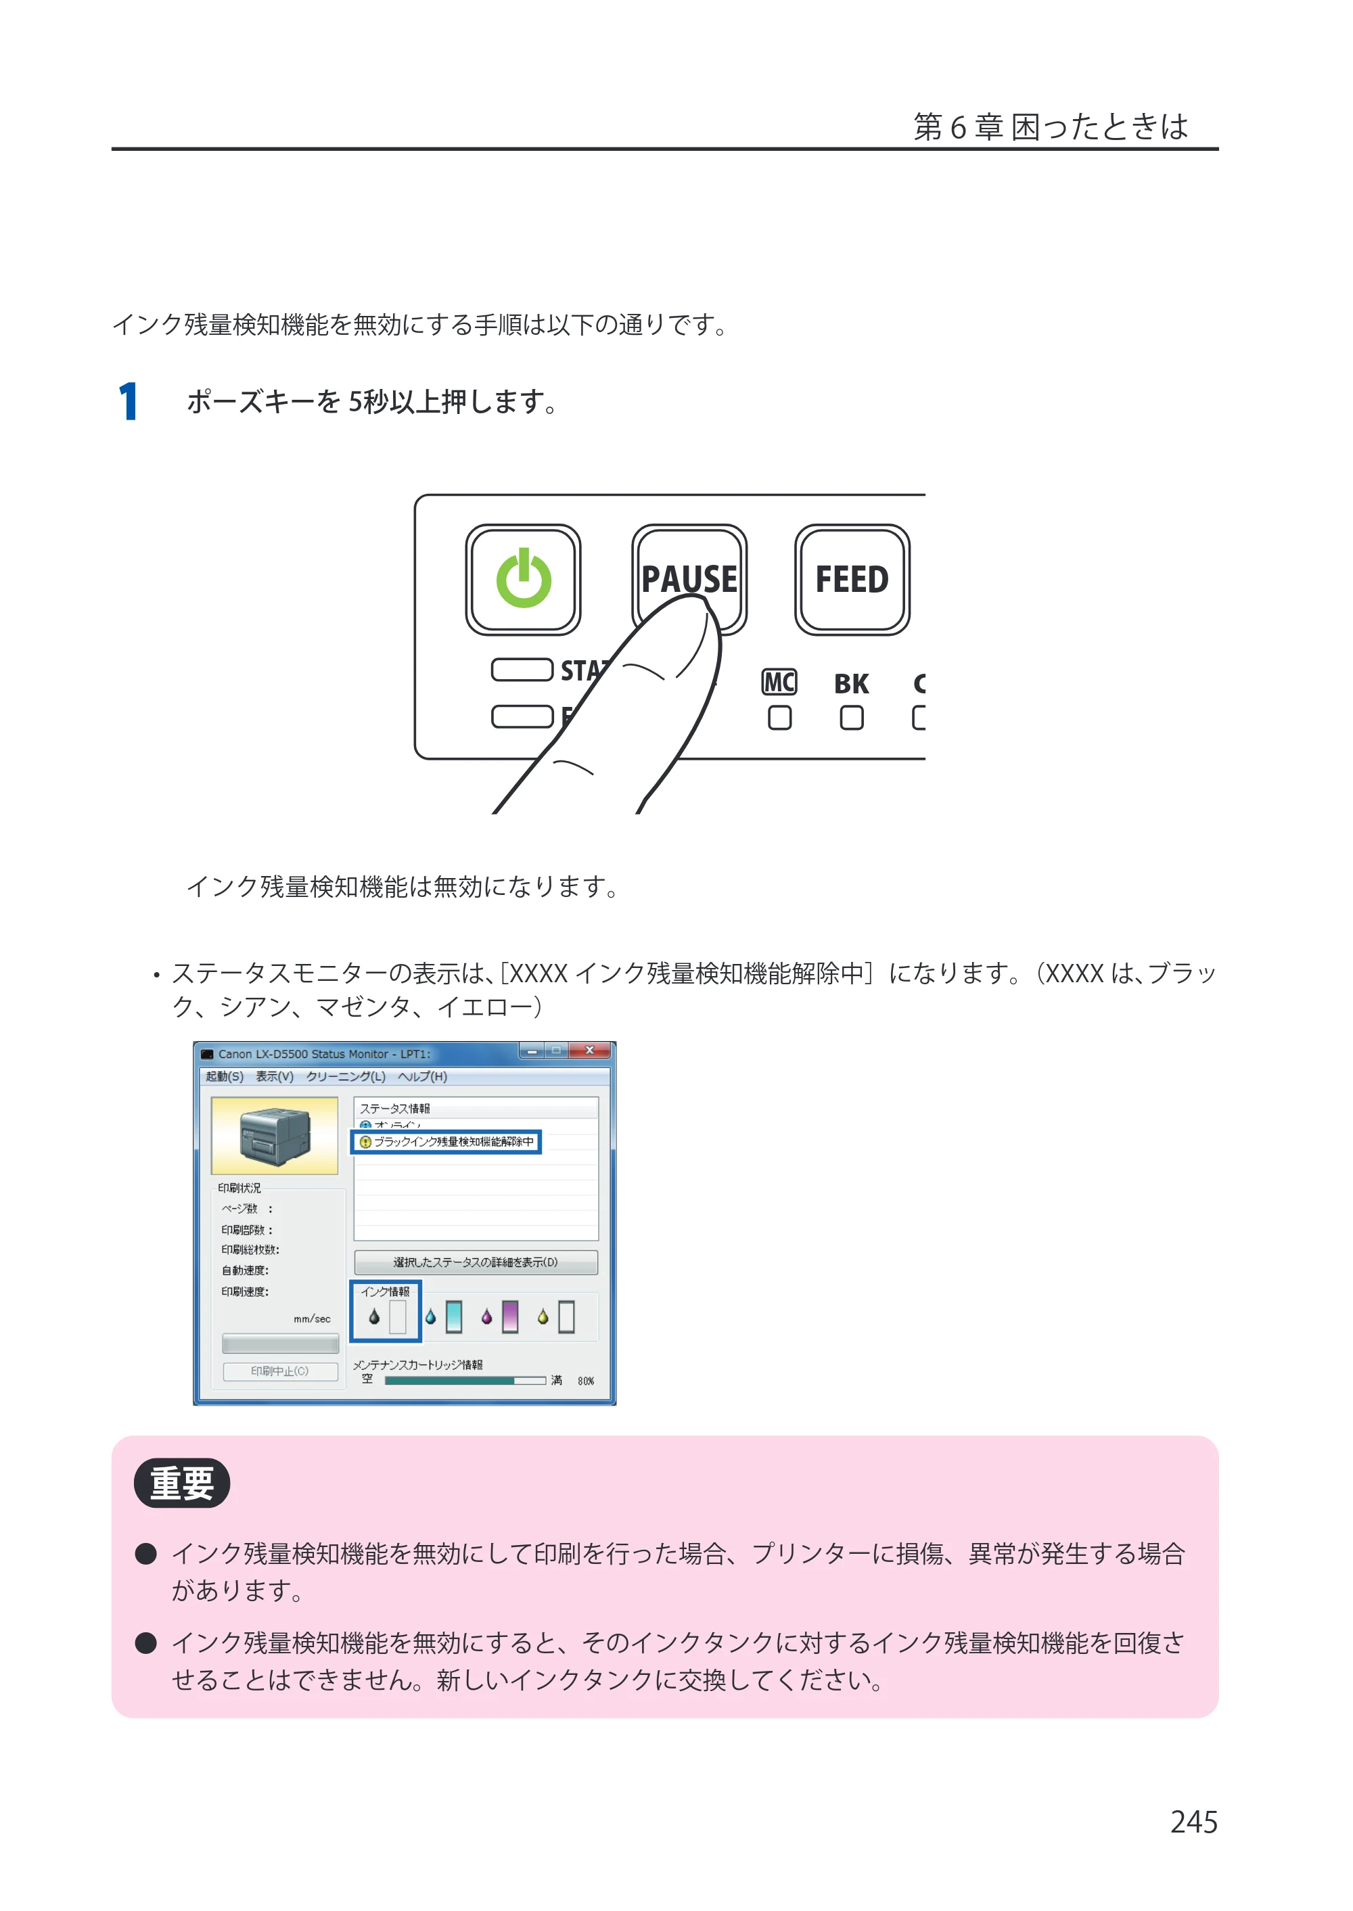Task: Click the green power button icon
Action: click(523, 578)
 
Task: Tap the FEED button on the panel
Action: click(852, 579)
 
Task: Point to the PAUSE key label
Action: click(689, 578)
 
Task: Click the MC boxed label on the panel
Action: click(779, 683)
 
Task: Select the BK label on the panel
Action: click(852, 684)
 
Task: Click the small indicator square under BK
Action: click(852, 717)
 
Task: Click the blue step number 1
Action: click(129, 402)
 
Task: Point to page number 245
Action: click(1193, 1822)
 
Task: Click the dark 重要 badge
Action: click(181, 1483)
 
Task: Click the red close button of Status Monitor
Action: click(590, 1051)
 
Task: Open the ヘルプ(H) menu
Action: click(422, 1076)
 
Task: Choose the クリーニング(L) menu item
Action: click(346, 1076)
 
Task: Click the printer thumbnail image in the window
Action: click(275, 1134)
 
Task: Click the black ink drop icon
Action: click(374, 1316)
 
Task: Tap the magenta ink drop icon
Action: click(486, 1316)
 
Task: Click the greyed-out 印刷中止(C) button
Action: click(280, 1371)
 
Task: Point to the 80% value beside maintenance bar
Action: click(586, 1381)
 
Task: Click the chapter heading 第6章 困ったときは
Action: click(1051, 126)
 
